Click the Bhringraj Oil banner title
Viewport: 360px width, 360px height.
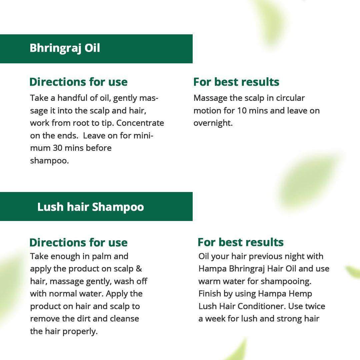point(65,48)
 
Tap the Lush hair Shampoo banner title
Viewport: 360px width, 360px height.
point(90,207)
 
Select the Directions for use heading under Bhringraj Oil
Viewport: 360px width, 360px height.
point(78,82)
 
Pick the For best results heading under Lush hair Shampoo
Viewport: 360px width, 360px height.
point(240,242)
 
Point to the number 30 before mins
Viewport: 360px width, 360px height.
point(58,148)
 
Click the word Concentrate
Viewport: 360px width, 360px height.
point(140,123)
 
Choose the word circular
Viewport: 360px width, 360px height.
point(289,98)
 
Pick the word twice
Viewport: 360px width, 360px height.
point(315,306)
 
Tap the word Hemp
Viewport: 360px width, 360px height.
point(301,294)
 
